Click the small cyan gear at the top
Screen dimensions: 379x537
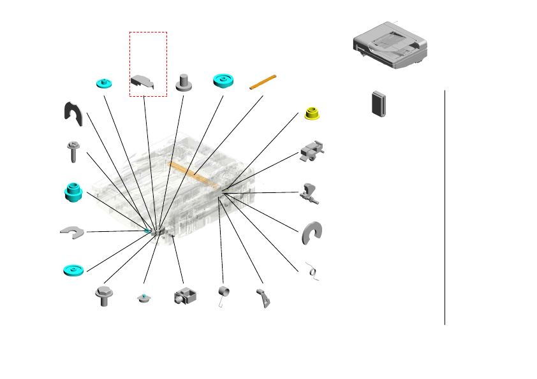point(103,83)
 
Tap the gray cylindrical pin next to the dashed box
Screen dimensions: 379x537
point(184,82)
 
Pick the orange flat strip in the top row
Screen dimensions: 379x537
point(263,82)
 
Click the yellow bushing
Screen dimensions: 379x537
point(313,113)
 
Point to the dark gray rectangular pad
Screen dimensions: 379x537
point(380,103)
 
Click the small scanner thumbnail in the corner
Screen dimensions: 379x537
point(390,46)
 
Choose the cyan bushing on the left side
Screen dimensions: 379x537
point(75,191)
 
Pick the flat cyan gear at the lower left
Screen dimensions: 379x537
point(74,270)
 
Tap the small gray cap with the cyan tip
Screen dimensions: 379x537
point(144,298)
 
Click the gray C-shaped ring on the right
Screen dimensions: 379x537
point(313,233)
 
